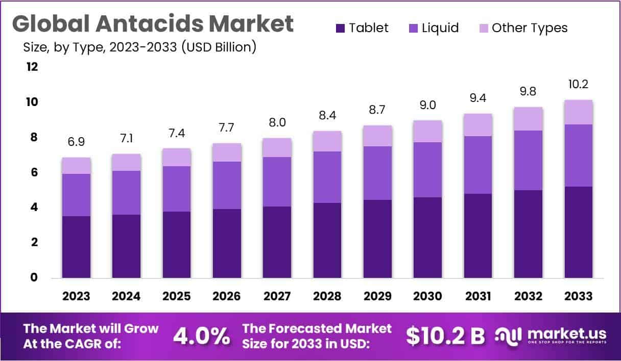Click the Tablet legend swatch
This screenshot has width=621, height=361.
pyautogui.click(x=341, y=28)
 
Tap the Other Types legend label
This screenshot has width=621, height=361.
pyautogui.click(x=530, y=28)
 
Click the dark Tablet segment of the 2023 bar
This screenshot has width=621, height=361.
pyautogui.click(x=76, y=247)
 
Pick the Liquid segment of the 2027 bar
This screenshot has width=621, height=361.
pyautogui.click(x=277, y=182)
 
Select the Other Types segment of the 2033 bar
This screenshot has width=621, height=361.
pyautogui.click(x=578, y=112)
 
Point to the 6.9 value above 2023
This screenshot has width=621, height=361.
pyautogui.click(x=76, y=141)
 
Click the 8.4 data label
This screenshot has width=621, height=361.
pyautogui.click(x=327, y=115)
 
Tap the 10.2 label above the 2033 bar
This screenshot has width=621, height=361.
pyautogui.click(x=578, y=84)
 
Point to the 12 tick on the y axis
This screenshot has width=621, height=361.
pyautogui.click(x=32, y=67)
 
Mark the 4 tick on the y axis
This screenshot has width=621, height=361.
pyautogui.click(x=35, y=208)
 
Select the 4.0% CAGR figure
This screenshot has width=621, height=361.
pyautogui.click(x=201, y=336)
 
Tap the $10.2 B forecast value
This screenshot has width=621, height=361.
pyautogui.click(x=445, y=336)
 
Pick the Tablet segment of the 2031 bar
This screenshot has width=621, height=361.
pyautogui.click(x=478, y=236)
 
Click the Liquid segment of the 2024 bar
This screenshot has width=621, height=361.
pyautogui.click(x=126, y=193)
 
